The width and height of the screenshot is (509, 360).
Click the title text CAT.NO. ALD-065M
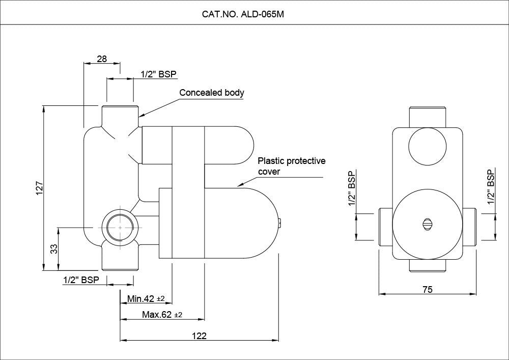pos(243,14)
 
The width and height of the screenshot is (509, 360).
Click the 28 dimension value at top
pos(102,59)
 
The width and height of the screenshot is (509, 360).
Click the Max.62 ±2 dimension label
pos(162,315)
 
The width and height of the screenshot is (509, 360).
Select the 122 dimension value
pos(199,336)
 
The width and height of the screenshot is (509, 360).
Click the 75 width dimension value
pos(428,289)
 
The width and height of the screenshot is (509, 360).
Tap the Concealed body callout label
pos(212,93)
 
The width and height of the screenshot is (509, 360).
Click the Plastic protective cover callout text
pos(291,166)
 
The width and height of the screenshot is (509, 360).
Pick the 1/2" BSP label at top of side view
pos(158,74)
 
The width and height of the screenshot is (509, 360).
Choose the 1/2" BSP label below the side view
pos(81,280)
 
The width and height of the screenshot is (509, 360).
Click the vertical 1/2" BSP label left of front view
pos(352,188)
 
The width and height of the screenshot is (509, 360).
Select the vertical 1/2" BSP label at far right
pos(491,187)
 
